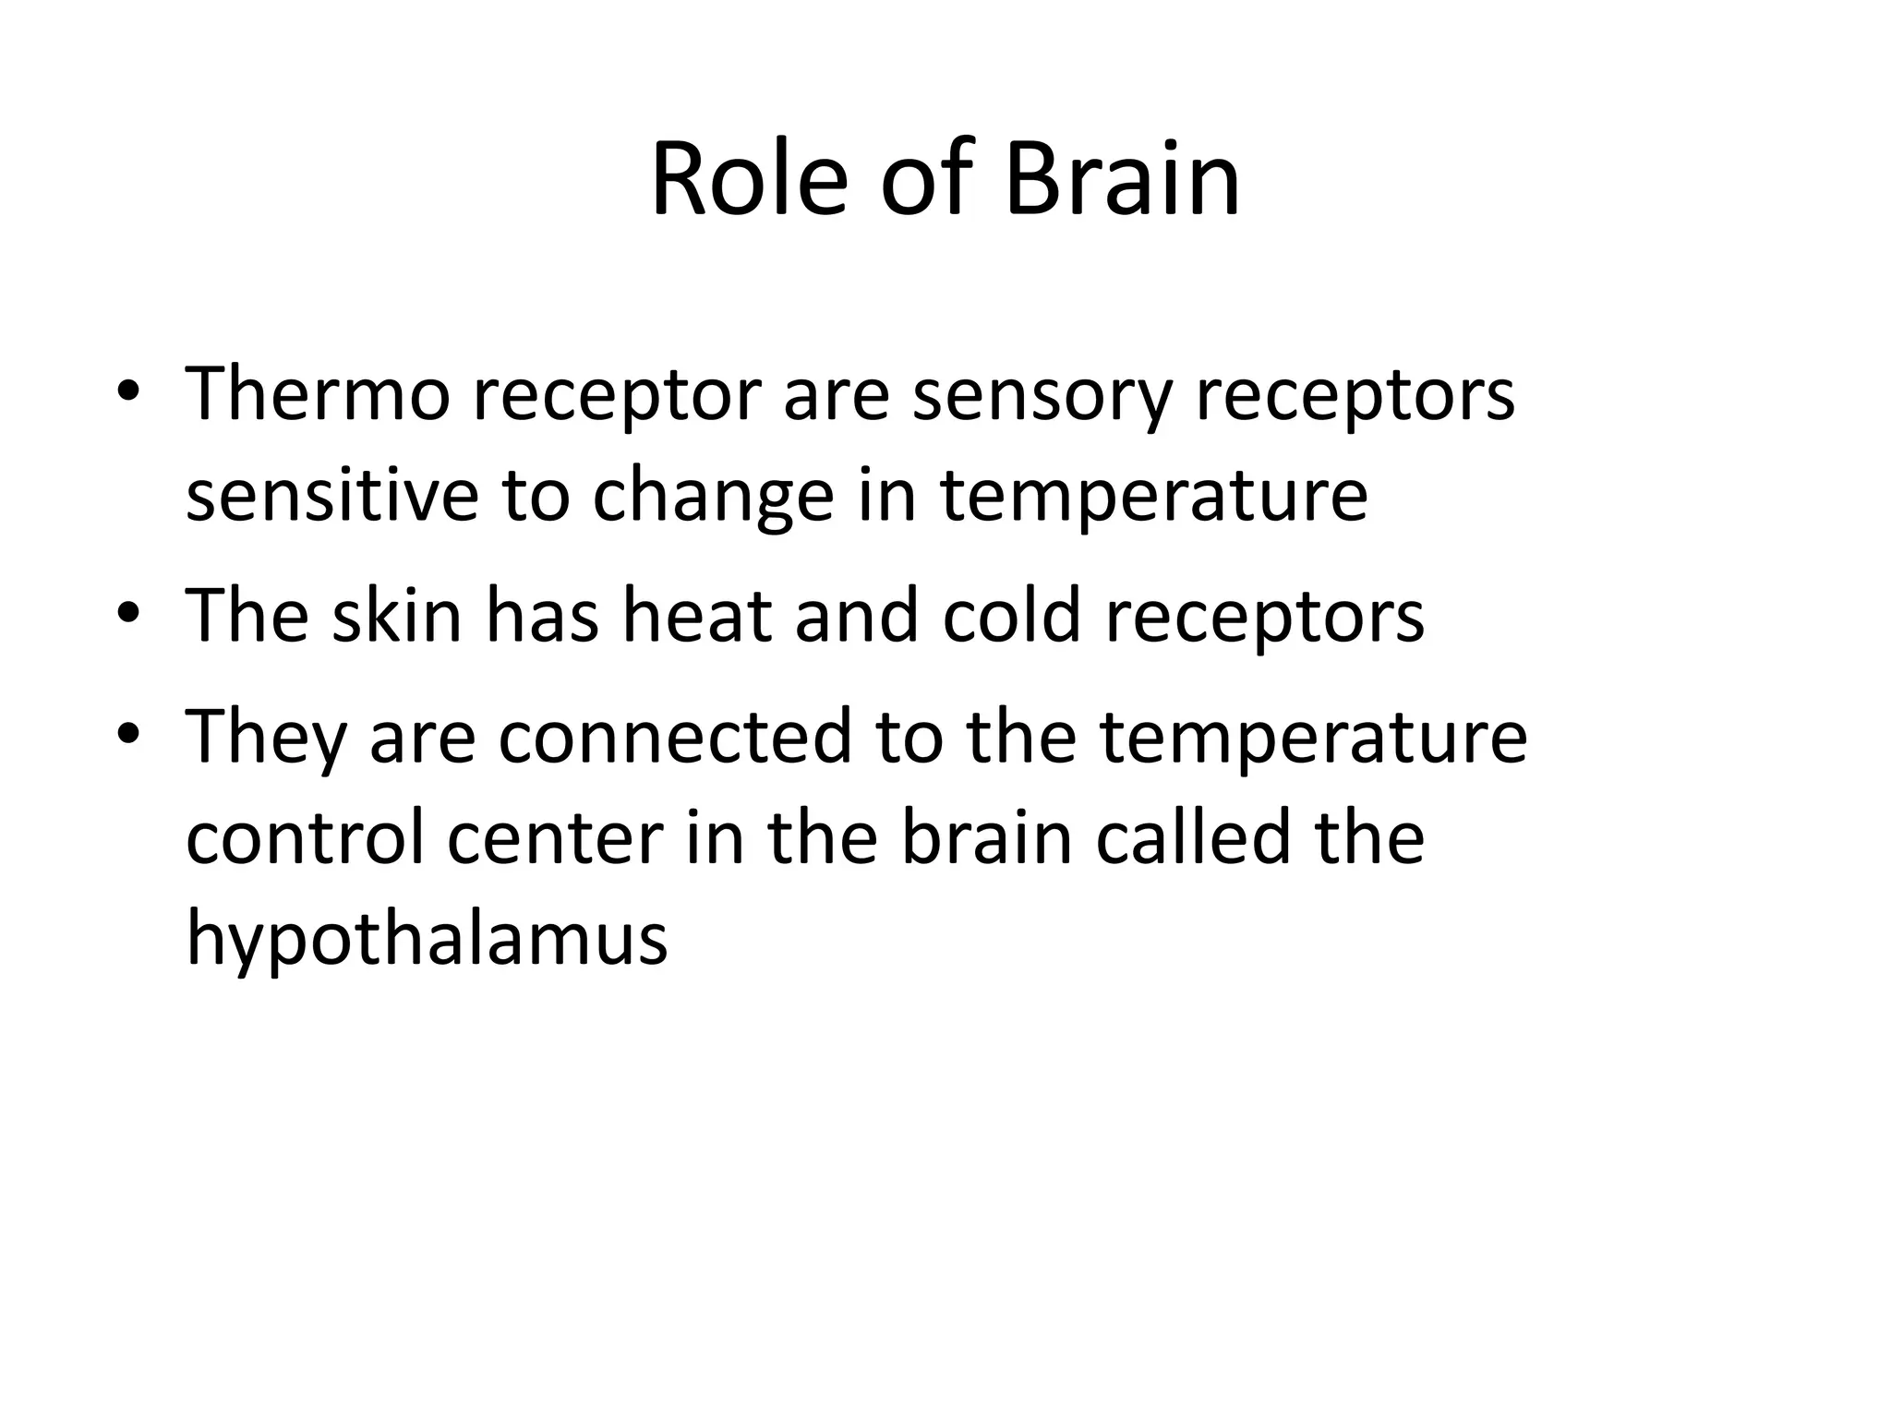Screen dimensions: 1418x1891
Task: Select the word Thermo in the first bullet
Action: [x=318, y=393]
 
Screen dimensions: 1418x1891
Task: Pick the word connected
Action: [x=675, y=736]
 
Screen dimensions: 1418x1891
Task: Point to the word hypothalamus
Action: [x=427, y=940]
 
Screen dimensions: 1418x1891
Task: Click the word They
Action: [x=266, y=738]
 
